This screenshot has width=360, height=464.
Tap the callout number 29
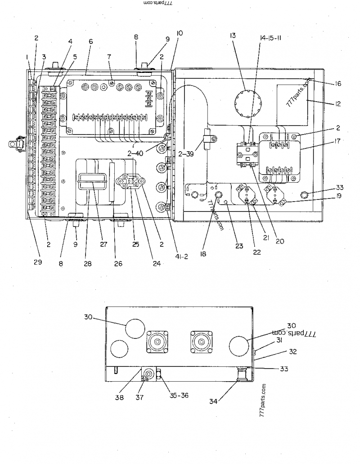(x=37, y=262)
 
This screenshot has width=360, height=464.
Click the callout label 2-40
(x=135, y=153)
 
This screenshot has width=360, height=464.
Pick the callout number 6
(x=90, y=41)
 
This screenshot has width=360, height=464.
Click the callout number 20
(x=280, y=241)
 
